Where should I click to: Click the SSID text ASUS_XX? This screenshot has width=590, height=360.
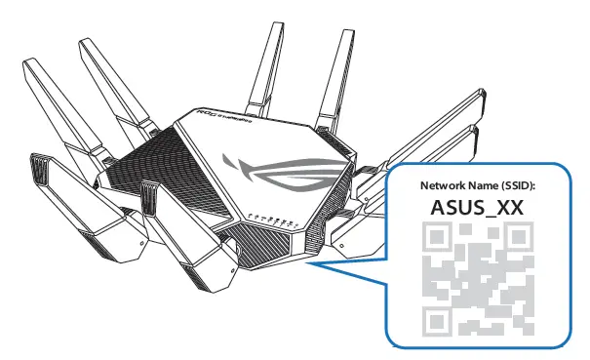click(478, 207)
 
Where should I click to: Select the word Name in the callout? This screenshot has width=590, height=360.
click(486, 185)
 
